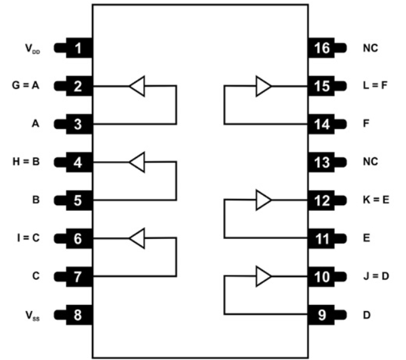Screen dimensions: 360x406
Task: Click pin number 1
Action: coord(78,48)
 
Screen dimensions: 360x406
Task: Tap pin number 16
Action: coord(323,48)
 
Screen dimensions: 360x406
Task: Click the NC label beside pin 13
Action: coord(370,162)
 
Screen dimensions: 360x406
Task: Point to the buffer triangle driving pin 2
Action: coord(137,86)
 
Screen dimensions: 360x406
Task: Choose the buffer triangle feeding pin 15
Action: coord(264,86)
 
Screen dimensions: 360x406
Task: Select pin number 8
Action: coord(78,314)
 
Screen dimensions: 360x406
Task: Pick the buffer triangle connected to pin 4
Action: coord(137,162)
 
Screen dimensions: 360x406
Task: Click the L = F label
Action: coord(375,86)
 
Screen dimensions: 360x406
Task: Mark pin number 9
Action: coord(323,314)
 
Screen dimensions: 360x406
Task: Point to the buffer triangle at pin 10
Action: coord(264,276)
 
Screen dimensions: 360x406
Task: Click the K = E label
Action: coord(375,200)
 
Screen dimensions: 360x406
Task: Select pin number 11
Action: coord(323,238)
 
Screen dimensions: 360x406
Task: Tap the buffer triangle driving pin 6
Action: coord(137,238)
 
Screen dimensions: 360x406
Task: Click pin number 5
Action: coord(78,200)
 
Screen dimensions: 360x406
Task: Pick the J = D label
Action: coord(375,276)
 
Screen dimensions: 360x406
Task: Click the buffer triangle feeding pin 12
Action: coord(264,200)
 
